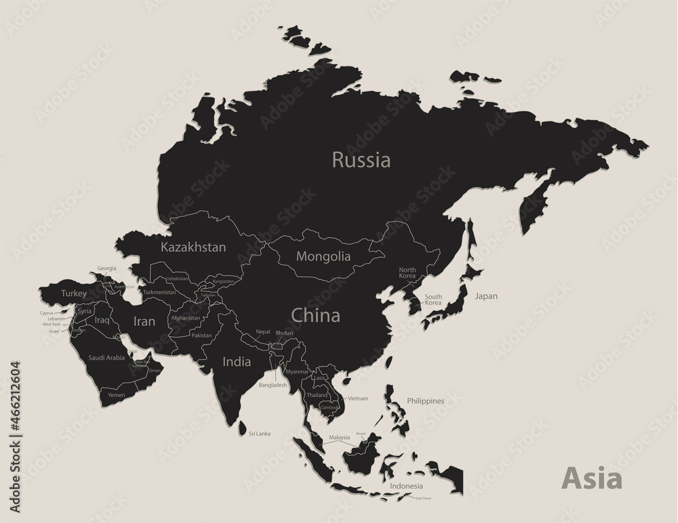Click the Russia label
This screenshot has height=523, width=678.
pyautogui.click(x=361, y=161)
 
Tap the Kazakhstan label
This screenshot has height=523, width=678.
pyautogui.click(x=193, y=247)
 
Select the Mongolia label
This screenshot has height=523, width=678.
pyautogui.click(x=324, y=257)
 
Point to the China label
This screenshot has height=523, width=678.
pyautogui.click(x=315, y=315)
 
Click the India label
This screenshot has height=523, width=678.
pyautogui.click(x=237, y=362)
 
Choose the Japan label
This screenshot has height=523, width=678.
pyautogui.click(x=486, y=296)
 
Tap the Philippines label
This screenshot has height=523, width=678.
pyautogui.click(x=425, y=401)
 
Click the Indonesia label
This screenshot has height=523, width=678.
pyautogui.click(x=406, y=486)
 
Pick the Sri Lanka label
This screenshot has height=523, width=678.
pyautogui.click(x=259, y=434)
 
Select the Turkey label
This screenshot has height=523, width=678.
pyautogui.click(x=74, y=293)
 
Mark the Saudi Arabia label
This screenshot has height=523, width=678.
pyautogui.click(x=106, y=357)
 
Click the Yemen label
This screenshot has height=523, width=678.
pyautogui.click(x=117, y=394)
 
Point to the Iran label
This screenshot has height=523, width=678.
pyautogui.click(x=144, y=322)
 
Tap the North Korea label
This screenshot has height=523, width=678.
pyautogui.click(x=407, y=273)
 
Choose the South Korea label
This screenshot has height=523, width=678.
pyautogui.click(x=433, y=299)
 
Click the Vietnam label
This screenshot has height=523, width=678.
pyautogui.click(x=358, y=398)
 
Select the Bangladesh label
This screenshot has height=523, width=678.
pyautogui.click(x=273, y=385)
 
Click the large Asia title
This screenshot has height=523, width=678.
pyautogui.click(x=592, y=478)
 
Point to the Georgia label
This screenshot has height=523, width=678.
pyautogui.click(x=106, y=268)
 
